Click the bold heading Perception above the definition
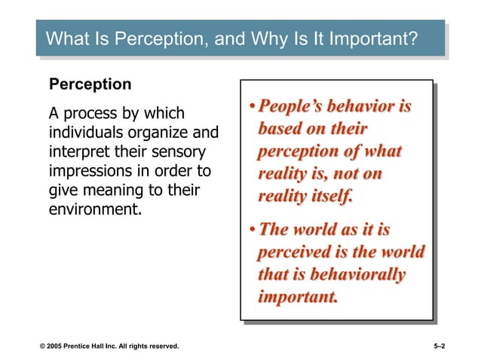90,84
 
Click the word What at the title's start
66,38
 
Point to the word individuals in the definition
84,133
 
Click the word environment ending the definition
94,209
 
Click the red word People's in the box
294,107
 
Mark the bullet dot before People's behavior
253,108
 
